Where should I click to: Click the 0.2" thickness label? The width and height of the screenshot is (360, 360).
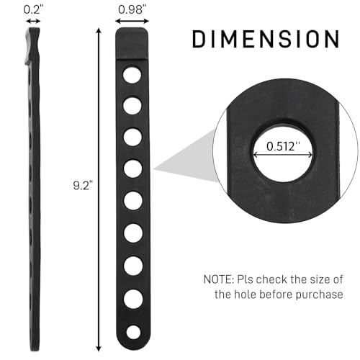coord(33,9)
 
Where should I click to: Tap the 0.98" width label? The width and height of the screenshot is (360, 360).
coord(132,9)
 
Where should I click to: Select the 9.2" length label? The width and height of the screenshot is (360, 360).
coord(83,186)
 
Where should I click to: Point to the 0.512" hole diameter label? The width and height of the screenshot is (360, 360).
coord(283,146)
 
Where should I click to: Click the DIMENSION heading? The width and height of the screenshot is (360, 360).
coord(266,39)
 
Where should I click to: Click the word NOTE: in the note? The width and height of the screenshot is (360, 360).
coord(218,279)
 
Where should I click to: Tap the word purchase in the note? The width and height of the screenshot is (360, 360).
coord(319,295)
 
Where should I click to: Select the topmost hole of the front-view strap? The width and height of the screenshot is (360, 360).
coord(132,75)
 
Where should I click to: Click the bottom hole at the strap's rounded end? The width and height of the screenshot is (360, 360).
coord(133,333)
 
